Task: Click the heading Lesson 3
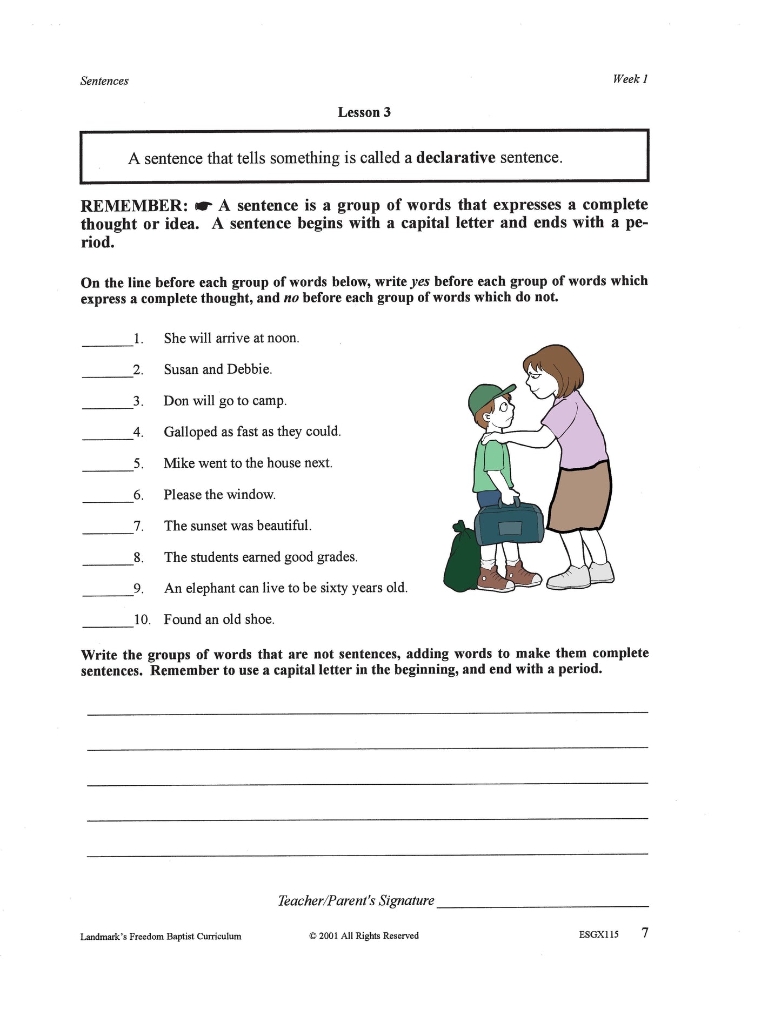[364, 112]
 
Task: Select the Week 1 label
[630, 79]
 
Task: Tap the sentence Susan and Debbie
[218, 369]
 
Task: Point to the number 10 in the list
[142, 620]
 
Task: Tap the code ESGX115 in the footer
[598, 935]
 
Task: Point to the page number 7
[644, 933]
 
